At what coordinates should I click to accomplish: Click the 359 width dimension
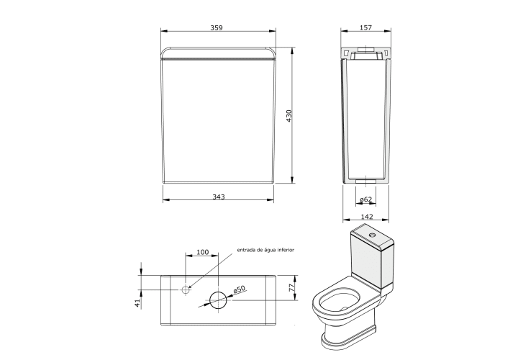(217, 28)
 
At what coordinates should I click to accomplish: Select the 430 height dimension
(288, 116)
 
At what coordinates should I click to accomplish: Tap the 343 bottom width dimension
(219, 197)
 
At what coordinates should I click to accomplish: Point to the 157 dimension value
(365, 28)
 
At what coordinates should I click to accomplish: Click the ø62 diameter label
(365, 199)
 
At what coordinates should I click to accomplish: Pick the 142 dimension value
(367, 217)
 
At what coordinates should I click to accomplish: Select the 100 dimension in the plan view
(202, 252)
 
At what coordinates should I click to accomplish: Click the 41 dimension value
(137, 303)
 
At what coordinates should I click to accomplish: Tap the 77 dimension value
(291, 287)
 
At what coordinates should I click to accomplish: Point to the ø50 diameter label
(240, 289)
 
